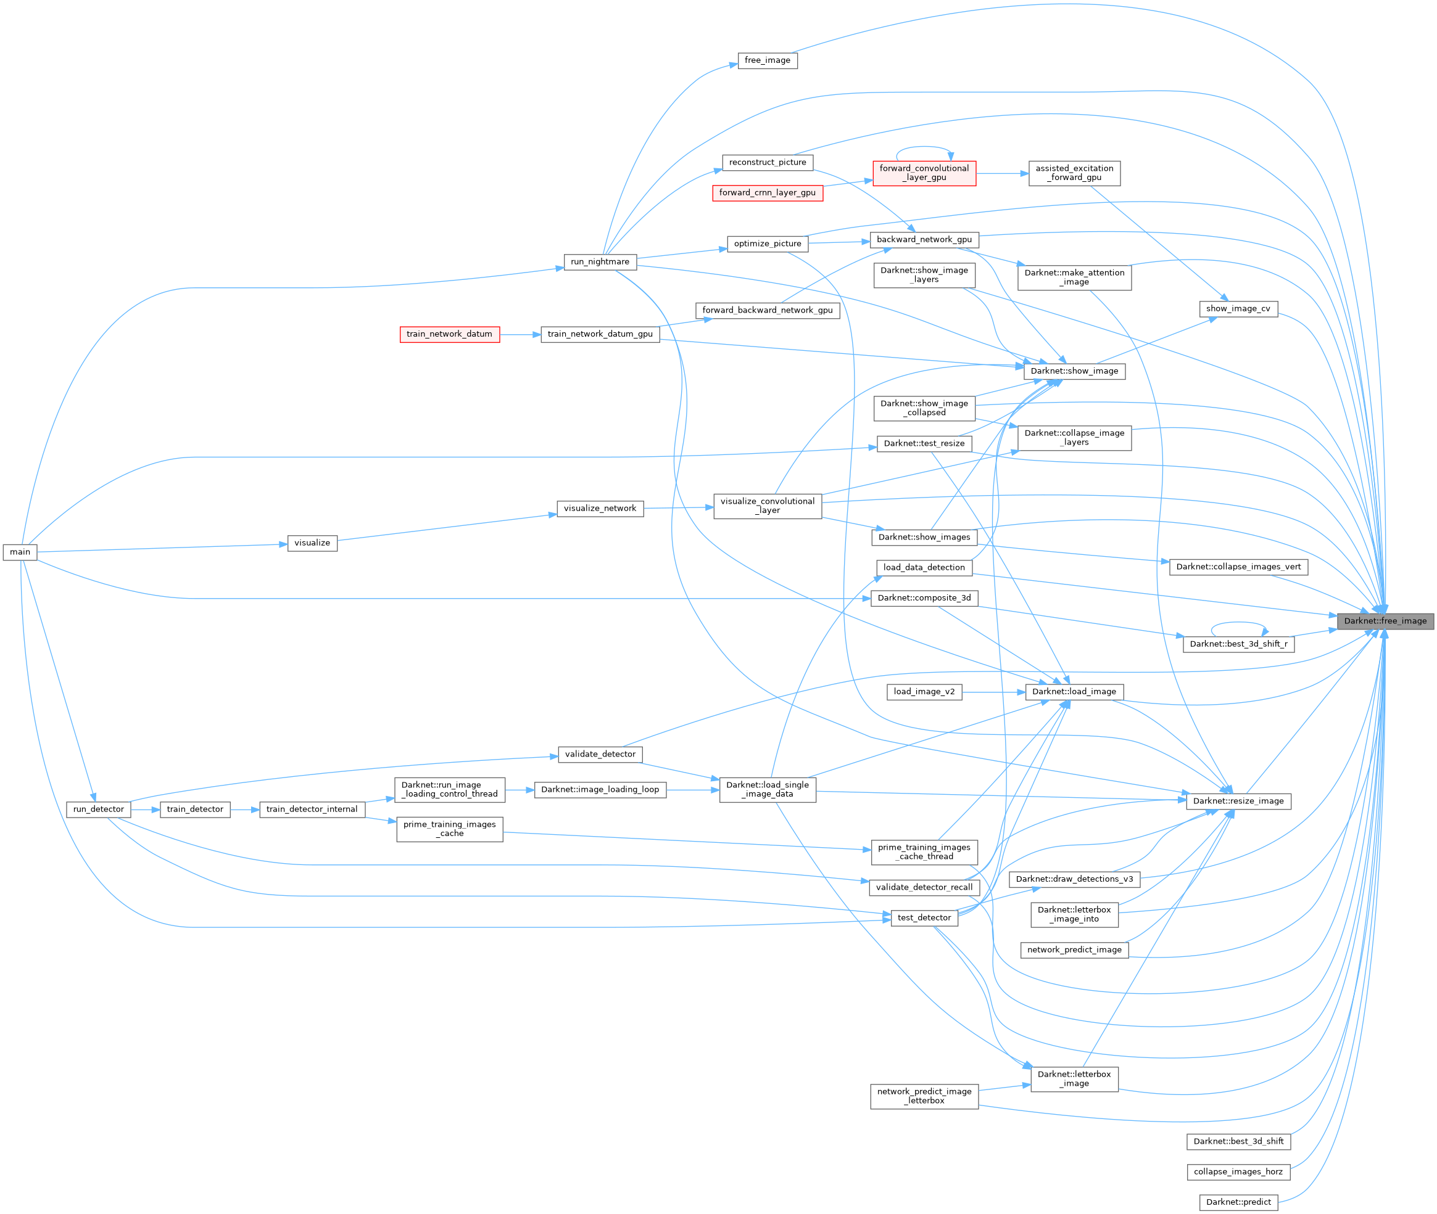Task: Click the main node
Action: (x=20, y=552)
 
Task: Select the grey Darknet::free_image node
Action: (x=1385, y=621)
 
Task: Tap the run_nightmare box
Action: (x=600, y=262)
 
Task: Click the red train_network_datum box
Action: (x=450, y=334)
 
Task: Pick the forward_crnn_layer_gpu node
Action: (x=767, y=193)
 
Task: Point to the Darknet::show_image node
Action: (x=1074, y=371)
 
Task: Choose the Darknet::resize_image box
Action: (x=1238, y=801)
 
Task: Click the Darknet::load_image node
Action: (x=1074, y=692)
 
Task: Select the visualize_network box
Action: (x=600, y=509)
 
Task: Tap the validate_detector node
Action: (x=600, y=754)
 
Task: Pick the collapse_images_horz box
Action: (x=1238, y=1171)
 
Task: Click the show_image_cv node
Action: (x=1238, y=309)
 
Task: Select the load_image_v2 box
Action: (x=924, y=692)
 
